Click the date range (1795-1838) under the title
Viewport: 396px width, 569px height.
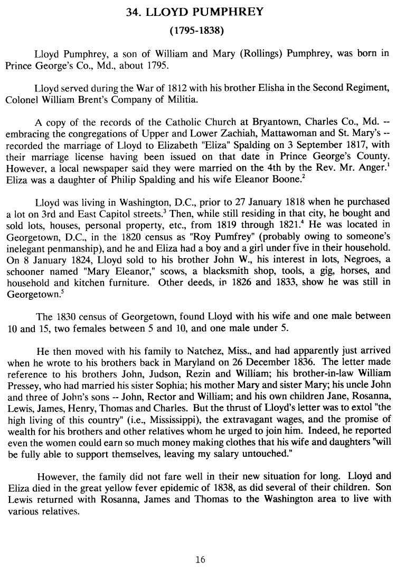tap(198, 31)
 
